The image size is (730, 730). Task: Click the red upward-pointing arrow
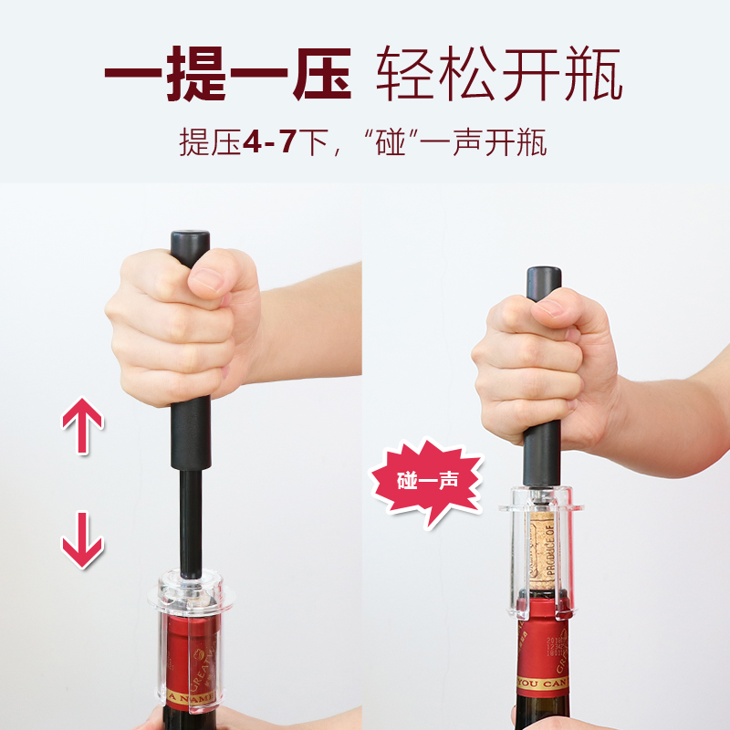coord(82,425)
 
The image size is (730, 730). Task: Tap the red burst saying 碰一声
coord(425,481)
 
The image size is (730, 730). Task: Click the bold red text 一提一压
coord(227,74)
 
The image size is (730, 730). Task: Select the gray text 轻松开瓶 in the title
coord(500,74)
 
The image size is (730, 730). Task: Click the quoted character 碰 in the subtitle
coord(391,143)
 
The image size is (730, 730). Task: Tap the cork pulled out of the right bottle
coord(544,547)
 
